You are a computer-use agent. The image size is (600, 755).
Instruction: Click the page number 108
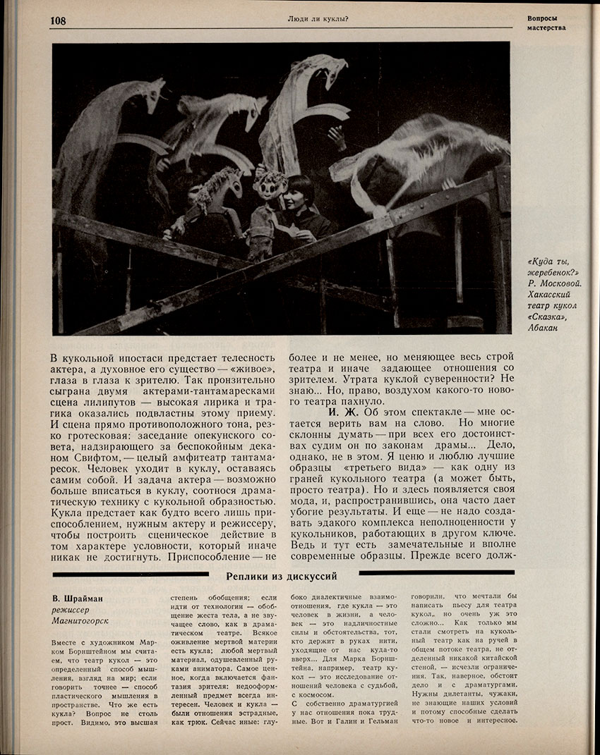coord(58,20)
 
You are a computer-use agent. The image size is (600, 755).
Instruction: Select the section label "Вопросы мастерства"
coord(547,23)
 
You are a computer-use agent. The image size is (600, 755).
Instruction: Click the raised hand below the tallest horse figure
coord(337,137)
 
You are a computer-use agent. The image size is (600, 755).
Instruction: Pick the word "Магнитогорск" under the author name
coord(83,622)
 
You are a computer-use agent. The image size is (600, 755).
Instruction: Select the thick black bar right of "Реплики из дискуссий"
coord(438,573)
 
